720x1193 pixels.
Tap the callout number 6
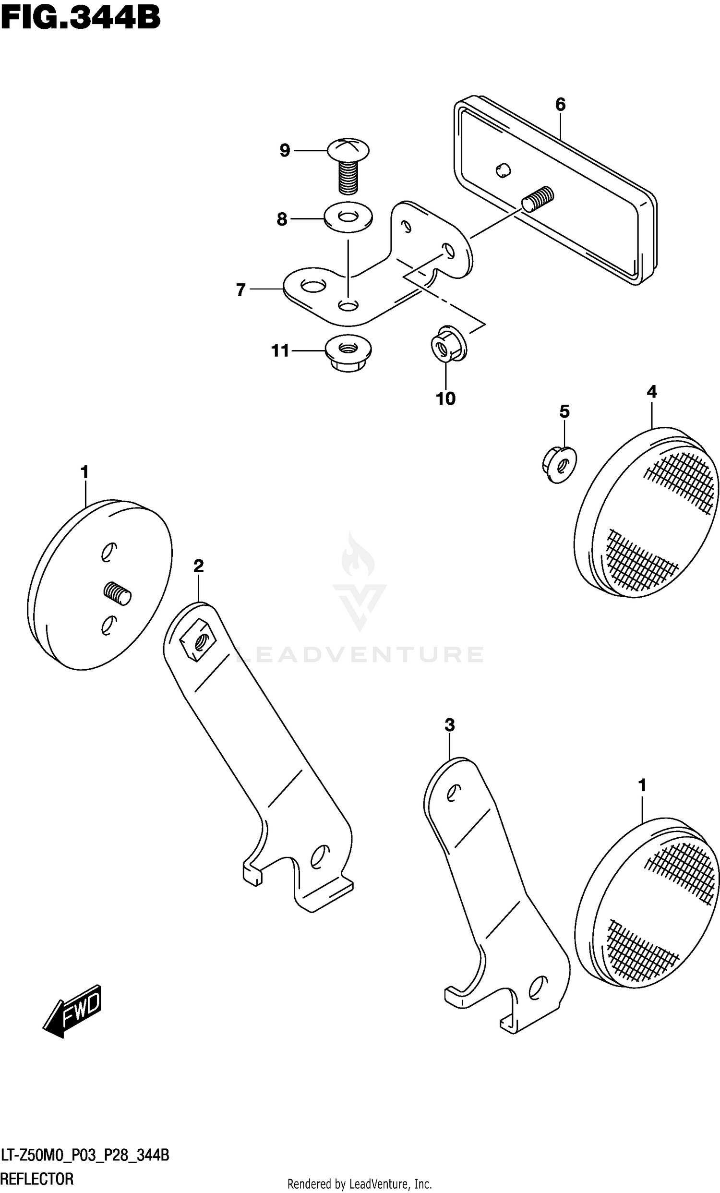coord(560,104)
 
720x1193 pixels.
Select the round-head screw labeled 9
coord(348,165)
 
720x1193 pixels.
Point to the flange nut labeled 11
coord(348,353)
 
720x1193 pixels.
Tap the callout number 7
coord(240,290)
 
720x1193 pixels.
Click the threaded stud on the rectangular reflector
coord(538,197)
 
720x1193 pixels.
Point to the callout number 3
coord(450,725)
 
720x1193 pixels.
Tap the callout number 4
coord(652,392)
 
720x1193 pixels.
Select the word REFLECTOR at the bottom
coord(37,1179)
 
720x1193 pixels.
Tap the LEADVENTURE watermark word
coord(359,655)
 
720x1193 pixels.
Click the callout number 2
coord(199,566)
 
